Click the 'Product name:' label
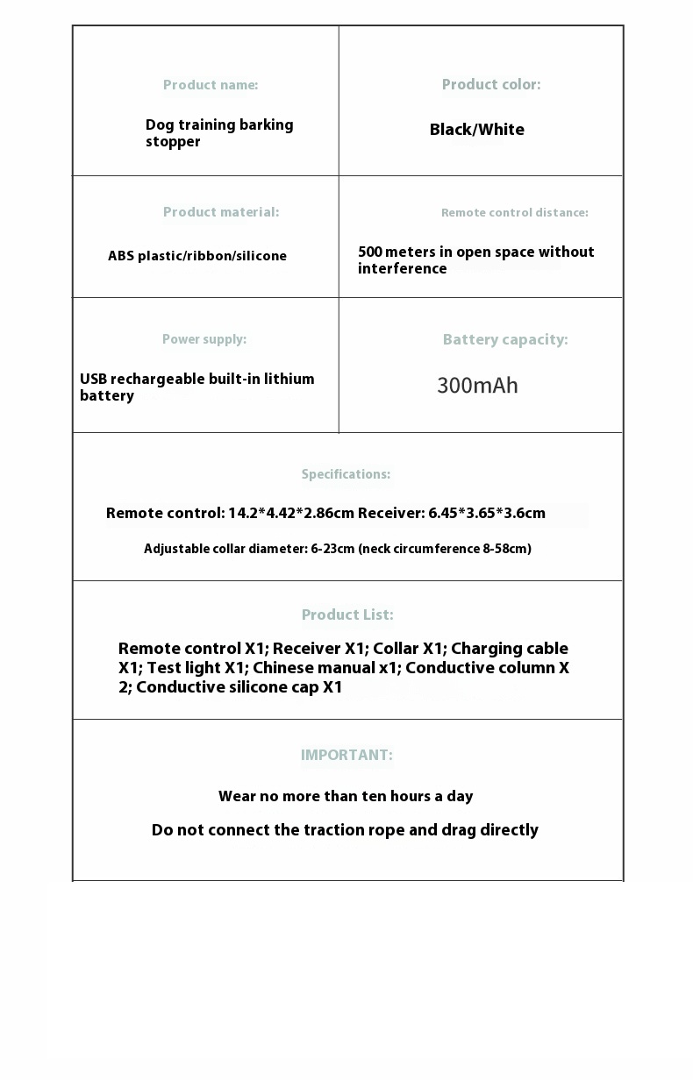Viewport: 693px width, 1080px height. [x=211, y=85]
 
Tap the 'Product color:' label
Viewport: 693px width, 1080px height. [x=491, y=84]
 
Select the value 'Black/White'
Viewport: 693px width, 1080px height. [x=477, y=130]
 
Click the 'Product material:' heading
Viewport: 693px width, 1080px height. [x=221, y=212]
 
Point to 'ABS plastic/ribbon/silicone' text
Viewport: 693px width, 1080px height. [x=197, y=256]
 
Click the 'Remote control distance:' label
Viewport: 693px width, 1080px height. [x=515, y=213]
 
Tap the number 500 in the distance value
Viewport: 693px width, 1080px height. [x=370, y=252]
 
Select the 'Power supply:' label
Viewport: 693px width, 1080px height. [x=204, y=339]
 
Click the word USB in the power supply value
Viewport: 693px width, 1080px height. [x=93, y=380]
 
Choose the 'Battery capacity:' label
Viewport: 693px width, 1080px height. [x=505, y=340]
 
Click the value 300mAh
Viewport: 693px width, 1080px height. [x=478, y=386]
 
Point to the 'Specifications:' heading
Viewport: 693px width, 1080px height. [x=346, y=474]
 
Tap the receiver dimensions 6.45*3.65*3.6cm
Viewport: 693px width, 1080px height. [x=487, y=514]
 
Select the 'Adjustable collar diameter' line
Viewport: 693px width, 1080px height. [x=338, y=550]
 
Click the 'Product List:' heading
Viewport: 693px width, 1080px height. [x=347, y=615]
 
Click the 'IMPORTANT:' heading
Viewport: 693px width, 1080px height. [x=346, y=756]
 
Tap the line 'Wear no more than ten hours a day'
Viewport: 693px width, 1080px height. [x=346, y=797]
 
